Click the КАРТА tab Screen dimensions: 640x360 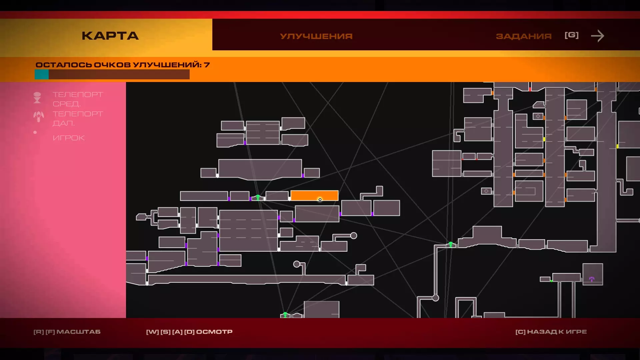click(110, 36)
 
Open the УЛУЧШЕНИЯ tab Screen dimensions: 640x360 click(316, 36)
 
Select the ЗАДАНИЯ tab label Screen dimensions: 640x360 click(524, 36)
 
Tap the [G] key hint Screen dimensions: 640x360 click(571, 35)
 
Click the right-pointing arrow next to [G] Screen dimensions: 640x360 click(597, 36)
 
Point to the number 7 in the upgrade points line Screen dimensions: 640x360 click(207, 65)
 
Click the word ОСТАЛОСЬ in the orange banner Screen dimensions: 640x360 click(64, 65)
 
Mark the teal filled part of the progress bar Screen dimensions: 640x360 click(42, 74)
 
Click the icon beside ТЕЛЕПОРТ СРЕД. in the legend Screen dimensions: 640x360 click(37, 98)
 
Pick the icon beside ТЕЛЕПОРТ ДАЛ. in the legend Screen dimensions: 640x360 click(38, 116)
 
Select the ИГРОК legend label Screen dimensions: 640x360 click(69, 138)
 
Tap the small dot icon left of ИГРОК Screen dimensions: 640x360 click(35, 132)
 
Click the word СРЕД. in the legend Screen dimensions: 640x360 click(67, 104)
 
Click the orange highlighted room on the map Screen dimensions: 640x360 click(314, 195)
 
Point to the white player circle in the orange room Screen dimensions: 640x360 click(320, 200)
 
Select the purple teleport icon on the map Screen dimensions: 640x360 click(592, 279)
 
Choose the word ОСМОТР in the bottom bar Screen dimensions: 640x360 click(214, 332)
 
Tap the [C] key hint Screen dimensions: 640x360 click(520, 332)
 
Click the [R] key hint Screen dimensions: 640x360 click(39, 332)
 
